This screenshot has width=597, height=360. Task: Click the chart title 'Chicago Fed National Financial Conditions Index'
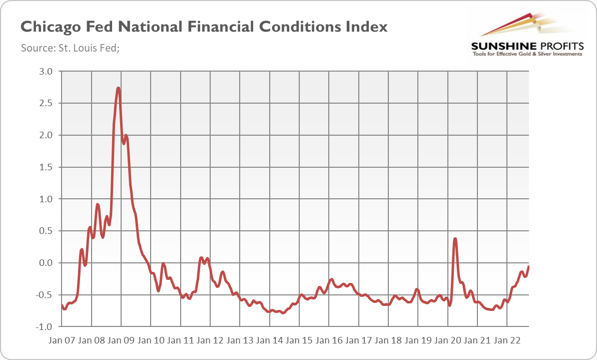click(x=203, y=27)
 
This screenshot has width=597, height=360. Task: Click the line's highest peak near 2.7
click(x=118, y=89)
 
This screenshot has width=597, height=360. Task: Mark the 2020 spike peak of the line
click(x=455, y=239)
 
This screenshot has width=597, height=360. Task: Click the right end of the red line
click(x=529, y=267)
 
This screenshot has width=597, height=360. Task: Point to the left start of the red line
click(x=61, y=305)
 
